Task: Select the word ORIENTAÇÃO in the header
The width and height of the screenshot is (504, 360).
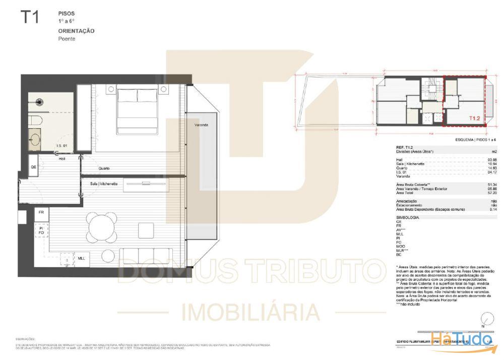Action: [76, 31]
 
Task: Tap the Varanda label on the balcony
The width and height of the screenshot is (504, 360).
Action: [200, 125]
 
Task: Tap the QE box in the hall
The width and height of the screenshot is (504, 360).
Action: [34, 167]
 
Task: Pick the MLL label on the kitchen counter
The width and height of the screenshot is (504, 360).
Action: [81, 258]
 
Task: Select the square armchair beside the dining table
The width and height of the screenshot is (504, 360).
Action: [146, 230]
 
